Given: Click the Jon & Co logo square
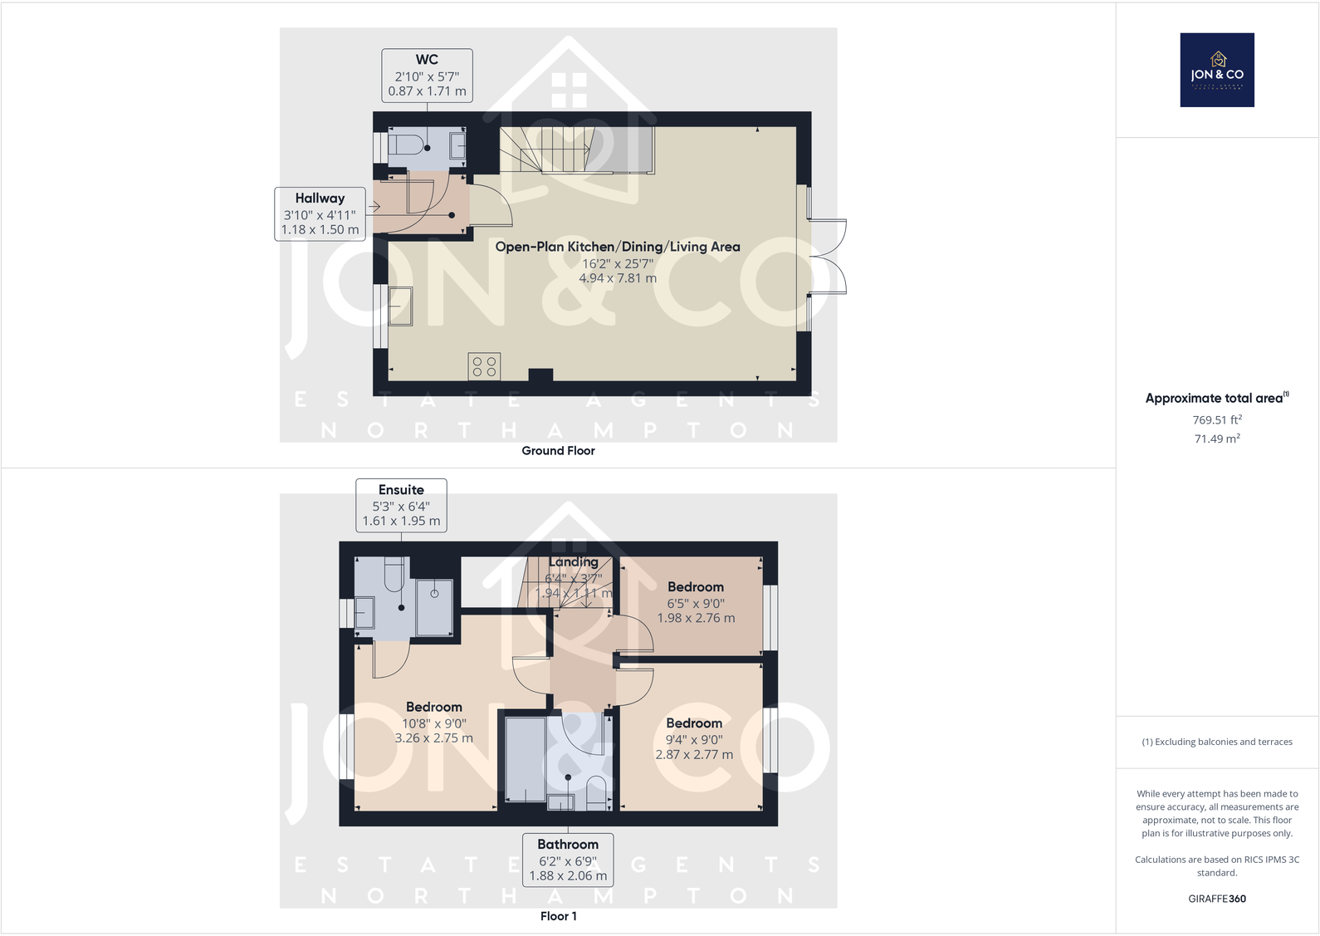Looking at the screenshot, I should point(1216,70).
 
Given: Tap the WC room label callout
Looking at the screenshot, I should point(427,76).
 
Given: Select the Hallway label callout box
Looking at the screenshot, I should point(320,214).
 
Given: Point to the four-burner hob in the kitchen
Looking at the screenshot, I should point(484,366).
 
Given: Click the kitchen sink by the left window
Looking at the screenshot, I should point(401,306).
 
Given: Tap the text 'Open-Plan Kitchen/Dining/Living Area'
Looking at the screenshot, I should point(617,247).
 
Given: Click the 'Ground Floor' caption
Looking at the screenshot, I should point(558,451).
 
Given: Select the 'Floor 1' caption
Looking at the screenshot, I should point(558,916).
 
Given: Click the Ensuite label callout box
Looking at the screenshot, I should point(401,505).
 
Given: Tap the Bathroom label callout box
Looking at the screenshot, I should point(568,860).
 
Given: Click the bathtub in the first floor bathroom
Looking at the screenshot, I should point(525,760).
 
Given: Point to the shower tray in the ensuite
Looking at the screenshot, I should point(434,606).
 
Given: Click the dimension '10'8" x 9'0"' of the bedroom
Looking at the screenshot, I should point(434,723).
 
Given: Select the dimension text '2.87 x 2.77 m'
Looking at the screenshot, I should point(694,755).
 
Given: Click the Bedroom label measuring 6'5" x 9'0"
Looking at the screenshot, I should point(696,587).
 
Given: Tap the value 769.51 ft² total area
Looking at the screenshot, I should point(1216,420).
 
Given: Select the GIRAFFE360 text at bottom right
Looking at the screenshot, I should point(1216,899).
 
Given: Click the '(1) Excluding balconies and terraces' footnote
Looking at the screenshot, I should point(1216,742).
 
